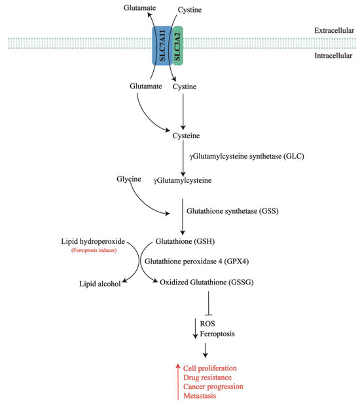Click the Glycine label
125,179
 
